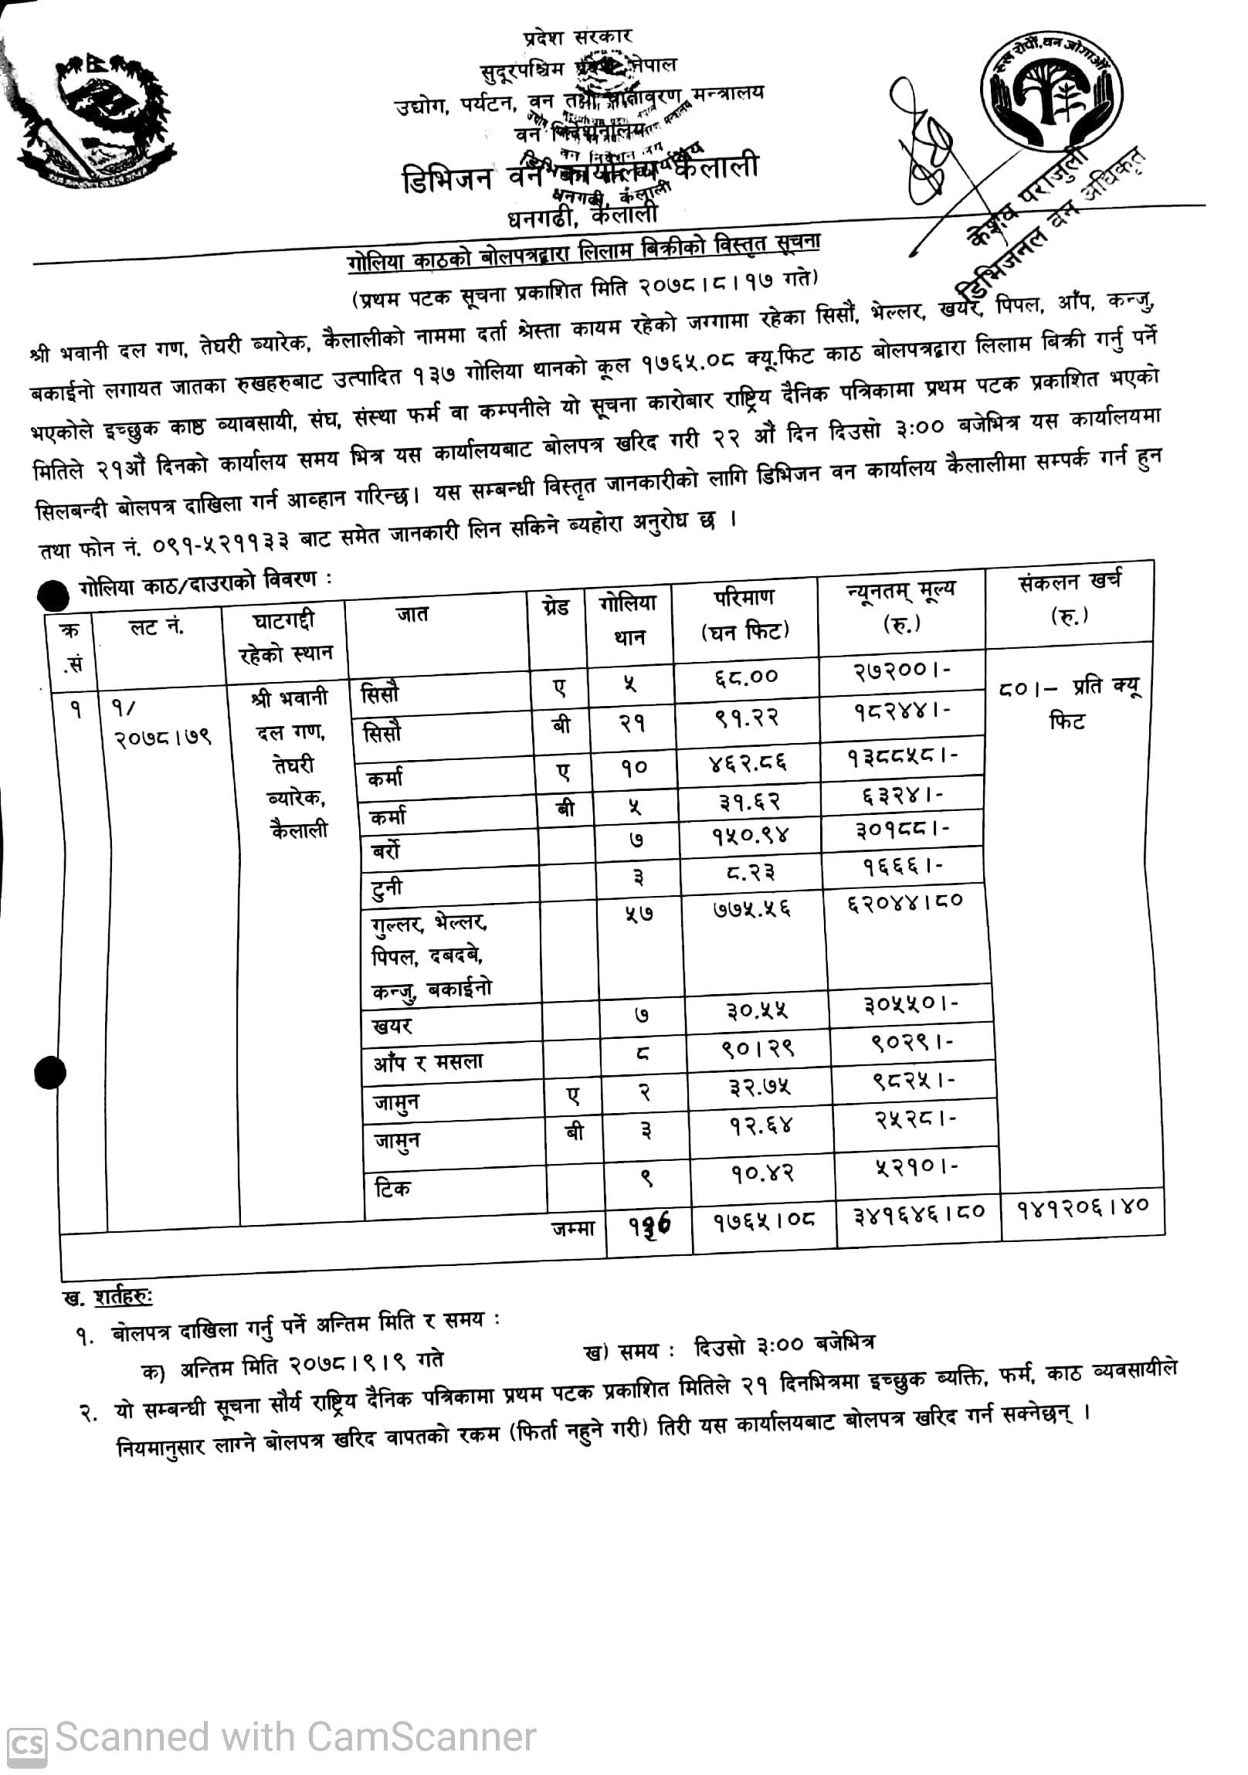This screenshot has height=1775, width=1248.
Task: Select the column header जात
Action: click(x=412, y=616)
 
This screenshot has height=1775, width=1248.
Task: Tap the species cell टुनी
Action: click(x=382, y=889)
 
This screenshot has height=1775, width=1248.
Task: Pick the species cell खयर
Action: click(x=392, y=1026)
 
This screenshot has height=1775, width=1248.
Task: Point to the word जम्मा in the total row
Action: click(x=572, y=1227)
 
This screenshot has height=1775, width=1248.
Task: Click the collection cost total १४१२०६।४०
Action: click(x=1082, y=1207)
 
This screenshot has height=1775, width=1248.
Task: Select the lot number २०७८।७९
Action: click(x=161, y=738)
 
